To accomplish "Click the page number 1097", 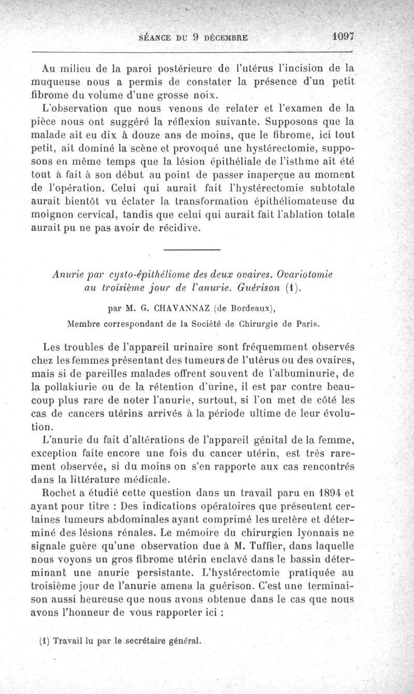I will [343, 37].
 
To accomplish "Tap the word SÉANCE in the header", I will [157, 38].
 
